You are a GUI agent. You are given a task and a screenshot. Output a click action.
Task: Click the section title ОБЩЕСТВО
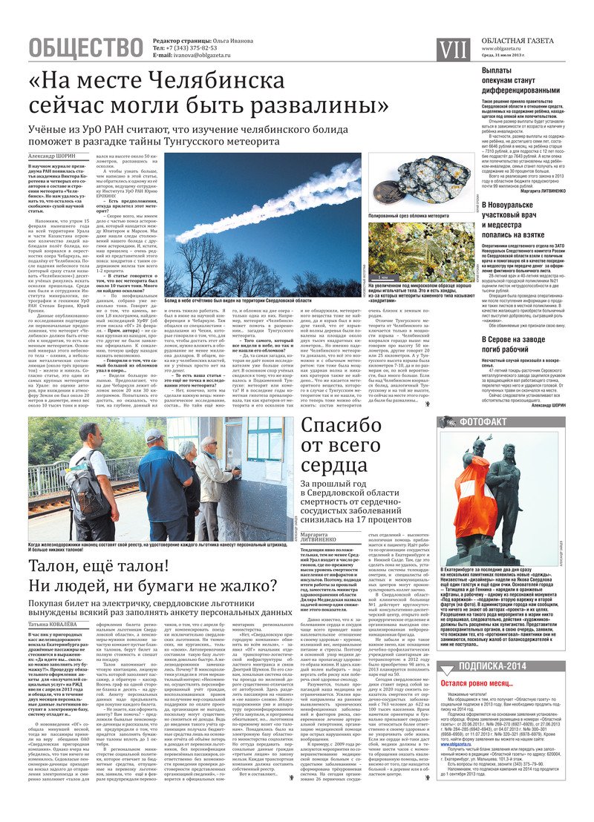tap(85, 48)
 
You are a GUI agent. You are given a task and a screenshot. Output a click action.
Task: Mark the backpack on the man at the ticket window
tap(96, 490)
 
